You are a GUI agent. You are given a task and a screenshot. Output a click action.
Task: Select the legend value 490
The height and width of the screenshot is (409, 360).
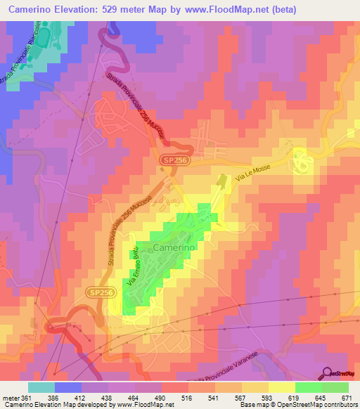click(x=162, y=398)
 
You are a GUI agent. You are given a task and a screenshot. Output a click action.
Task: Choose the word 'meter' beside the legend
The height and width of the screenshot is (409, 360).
click(x=11, y=398)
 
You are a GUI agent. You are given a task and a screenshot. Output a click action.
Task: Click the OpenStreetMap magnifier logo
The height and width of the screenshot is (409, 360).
click(x=328, y=372)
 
